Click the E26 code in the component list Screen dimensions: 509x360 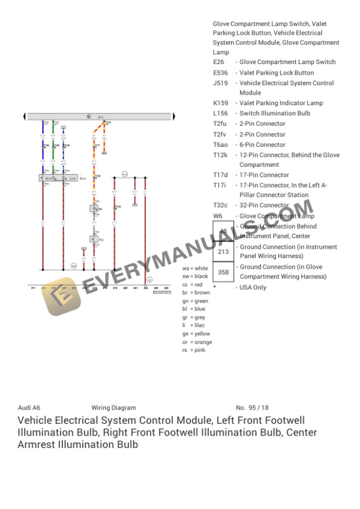[x=219, y=62]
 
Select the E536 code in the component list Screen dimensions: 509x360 [x=221, y=73]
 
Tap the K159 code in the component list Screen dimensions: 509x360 [x=221, y=103]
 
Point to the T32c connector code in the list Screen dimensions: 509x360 [x=221, y=205]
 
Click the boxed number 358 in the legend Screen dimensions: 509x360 [x=224, y=272]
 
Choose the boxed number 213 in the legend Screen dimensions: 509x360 [x=224, y=252]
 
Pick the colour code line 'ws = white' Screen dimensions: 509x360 [x=195, y=268]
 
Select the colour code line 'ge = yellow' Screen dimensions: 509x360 [x=196, y=334]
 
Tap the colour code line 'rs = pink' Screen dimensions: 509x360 [x=194, y=350]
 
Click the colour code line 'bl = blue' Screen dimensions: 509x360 [x=194, y=309]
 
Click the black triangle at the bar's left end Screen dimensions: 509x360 [x=24, y=117]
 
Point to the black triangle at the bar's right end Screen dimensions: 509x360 [x=174, y=117]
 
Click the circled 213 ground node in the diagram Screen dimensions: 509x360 [x=125, y=174]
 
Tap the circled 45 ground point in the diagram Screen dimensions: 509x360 [x=149, y=280]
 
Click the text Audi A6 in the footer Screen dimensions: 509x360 [x=29, y=407]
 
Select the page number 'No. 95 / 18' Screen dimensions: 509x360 [x=252, y=407]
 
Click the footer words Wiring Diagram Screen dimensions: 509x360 [x=114, y=407]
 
